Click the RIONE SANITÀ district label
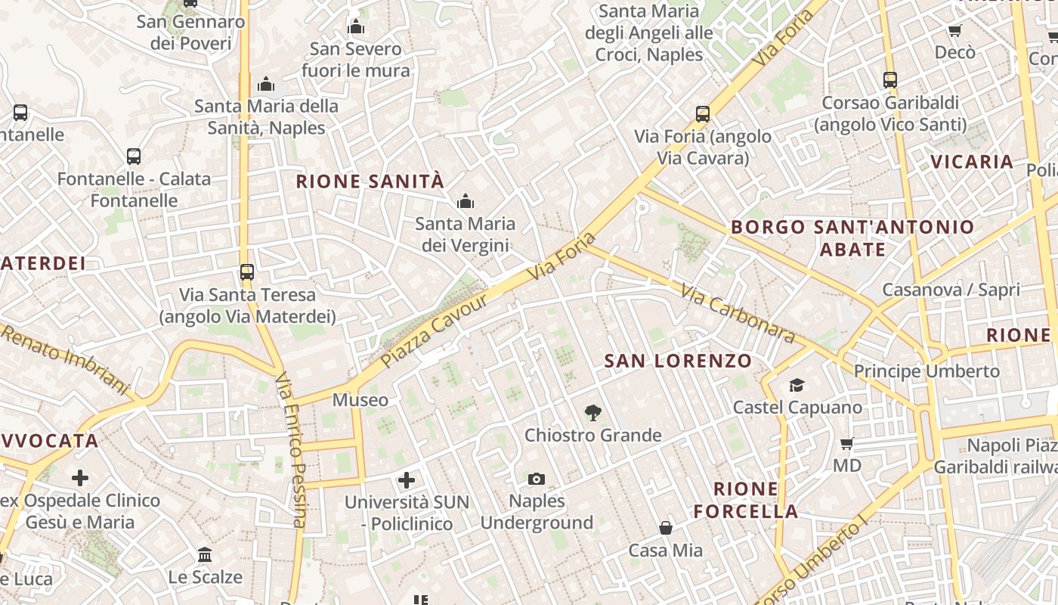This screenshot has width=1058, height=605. (x=370, y=181)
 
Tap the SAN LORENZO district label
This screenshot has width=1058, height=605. (x=678, y=361)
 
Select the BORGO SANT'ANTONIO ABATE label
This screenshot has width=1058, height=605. (x=852, y=237)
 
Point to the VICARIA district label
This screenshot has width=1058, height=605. (x=972, y=162)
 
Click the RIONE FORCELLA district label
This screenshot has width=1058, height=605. (x=746, y=500)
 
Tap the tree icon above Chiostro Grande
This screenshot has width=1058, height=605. (x=593, y=413)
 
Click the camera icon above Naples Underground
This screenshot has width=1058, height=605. (x=537, y=479)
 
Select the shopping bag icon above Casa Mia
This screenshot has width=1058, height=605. (x=666, y=527)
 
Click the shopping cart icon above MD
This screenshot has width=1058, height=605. (x=847, y=443)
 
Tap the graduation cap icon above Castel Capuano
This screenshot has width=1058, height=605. (x=797, y=386)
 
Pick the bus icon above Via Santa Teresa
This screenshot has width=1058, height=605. (x=247, y=271)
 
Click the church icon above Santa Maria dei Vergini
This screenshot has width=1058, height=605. (x=466, y=201)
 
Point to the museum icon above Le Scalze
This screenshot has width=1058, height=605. (x=205, y=555)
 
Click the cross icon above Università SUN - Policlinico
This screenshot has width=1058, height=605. (x=407, y=480)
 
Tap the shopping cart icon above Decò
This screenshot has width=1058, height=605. (x=954, y=31)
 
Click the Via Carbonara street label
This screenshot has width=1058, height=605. (x=737, y=312)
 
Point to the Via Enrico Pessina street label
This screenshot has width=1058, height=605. (x=291, y=450)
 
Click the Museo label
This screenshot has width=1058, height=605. (x=360, y=400)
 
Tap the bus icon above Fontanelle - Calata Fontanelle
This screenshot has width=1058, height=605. (x=134, y=157)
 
